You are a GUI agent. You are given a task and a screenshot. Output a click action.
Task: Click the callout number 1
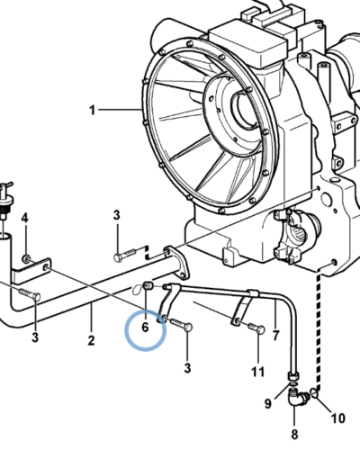pos(92,110)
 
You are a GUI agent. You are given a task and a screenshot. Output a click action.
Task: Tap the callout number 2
pos(91,340)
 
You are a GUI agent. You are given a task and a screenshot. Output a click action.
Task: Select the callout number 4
pos(25,218)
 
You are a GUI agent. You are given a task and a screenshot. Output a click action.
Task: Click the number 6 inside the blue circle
pos(145,327)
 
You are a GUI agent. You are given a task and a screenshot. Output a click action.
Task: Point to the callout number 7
pos(275,335)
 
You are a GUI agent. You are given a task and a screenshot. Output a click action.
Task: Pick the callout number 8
pos(294,434)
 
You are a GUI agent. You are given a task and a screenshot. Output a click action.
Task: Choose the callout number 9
pos(268,403)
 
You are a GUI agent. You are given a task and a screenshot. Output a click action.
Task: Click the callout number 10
pos(338,418)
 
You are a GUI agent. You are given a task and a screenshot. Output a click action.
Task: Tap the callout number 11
pos(258,372)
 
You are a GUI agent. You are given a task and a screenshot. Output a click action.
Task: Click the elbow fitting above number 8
pos(295,397)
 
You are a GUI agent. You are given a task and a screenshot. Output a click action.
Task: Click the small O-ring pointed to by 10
pos(313,392)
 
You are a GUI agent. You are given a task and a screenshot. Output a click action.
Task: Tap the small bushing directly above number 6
pos(148,285)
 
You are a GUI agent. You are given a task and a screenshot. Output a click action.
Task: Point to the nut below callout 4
pos(25,258)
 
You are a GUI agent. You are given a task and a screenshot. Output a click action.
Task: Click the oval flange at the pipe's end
pos(176,263)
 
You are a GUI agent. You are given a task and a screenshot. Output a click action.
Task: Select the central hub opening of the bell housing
pos(245,108)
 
